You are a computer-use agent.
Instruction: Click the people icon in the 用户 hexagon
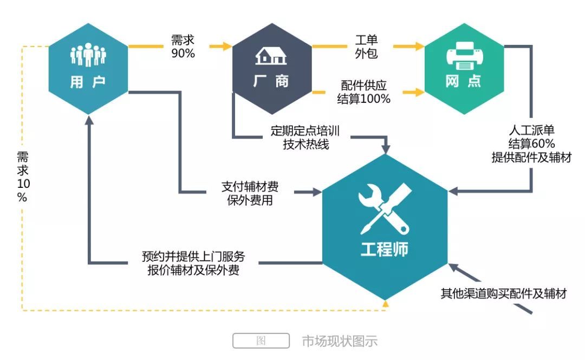coord(88,55)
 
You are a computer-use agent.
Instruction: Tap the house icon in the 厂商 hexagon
coord(271,55)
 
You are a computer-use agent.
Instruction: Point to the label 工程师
coord(385,250)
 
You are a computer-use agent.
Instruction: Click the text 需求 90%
coord(183,47)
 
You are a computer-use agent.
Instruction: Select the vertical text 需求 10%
coord(22,176)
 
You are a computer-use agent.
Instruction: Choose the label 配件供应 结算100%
coord(364,92)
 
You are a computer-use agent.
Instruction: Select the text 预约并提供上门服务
coord(193,256)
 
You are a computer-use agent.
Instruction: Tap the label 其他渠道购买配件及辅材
coord(503,294)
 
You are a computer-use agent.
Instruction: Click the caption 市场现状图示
coord(339,341)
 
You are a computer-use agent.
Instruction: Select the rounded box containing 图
coord(261,341)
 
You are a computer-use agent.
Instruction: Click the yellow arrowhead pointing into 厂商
coord(227,47)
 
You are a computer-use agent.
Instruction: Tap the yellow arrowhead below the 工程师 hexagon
coord(385,305)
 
